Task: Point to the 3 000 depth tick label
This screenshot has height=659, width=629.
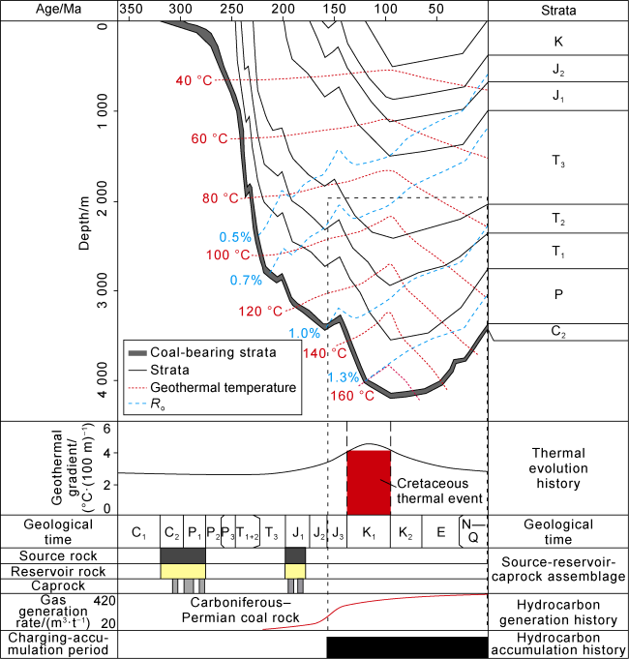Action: pyautogui.click(x=87, y=291)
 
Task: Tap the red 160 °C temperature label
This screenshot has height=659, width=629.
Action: pyautogui.click(x=353, y=395)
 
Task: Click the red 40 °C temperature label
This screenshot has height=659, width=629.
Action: pyautogui.click(x=193, y=80)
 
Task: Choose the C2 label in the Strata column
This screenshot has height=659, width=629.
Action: pyautogui.click(x=558, y=332)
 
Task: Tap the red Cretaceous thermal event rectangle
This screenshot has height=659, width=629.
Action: pyautogui.click(x=369, y=482)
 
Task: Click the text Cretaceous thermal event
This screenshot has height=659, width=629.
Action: pyautogui.click(x=435, y=493)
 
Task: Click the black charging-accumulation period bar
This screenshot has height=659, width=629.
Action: pyautogui.click(x=406, y=646)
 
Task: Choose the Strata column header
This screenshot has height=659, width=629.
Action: pyautogui.click(x=558, y=12)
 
